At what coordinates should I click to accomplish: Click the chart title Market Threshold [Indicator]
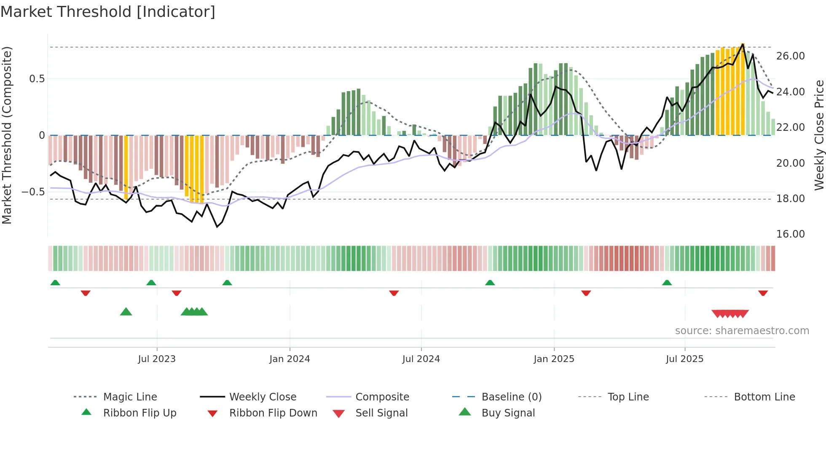pos(108,12)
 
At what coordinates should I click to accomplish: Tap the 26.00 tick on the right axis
pos(790,56)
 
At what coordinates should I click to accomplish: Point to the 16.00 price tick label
pos(790,234)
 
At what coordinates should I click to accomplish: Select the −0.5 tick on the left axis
pos(33,192)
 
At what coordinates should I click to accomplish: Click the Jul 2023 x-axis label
pos(156,359)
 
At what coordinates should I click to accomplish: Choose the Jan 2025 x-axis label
pos(553,359)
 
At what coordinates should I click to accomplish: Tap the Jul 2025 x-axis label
pos(684,359)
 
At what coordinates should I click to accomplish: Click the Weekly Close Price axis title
pos(819,135)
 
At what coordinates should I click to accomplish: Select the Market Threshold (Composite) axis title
pos(7,135)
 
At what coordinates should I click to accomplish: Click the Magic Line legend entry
pos(130,397)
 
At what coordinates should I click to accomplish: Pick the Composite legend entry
pos(382,397)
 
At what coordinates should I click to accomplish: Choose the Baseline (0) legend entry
pos(511,397)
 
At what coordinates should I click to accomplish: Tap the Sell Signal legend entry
pos(381,413)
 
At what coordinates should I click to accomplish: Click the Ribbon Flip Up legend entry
pos(139,413)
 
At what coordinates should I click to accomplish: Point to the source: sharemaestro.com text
pos(742,331)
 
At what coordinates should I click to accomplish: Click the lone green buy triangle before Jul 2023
pos(126,312)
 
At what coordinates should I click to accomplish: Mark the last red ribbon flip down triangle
pos(763,293)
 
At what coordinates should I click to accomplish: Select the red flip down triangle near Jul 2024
pos(394,293)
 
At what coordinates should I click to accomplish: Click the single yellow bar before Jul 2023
pos(126,167)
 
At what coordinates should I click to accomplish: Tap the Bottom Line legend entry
pos(764,397)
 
